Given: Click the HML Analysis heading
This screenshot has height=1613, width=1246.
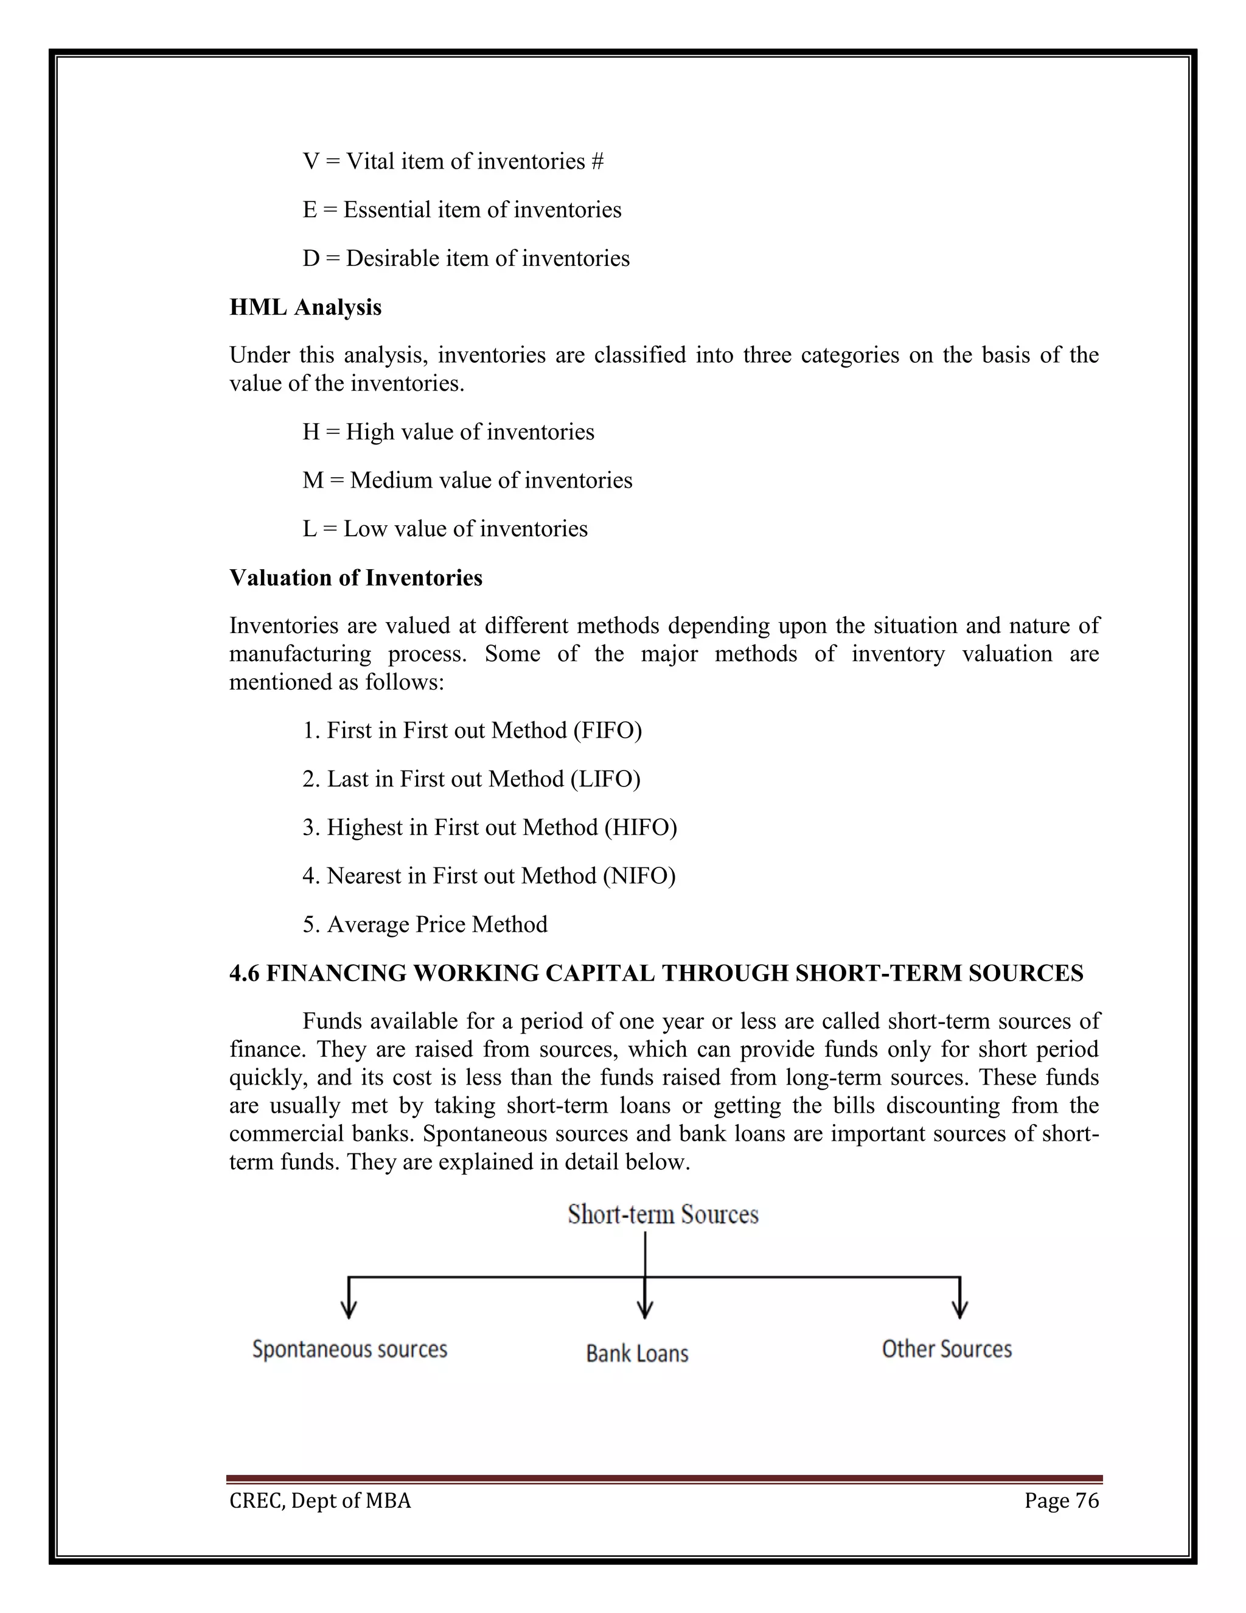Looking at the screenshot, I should tap(305, 307).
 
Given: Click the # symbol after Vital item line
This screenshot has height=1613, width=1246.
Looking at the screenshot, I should tap(597, 162).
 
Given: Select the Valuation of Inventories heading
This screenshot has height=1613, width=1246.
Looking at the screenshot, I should tap(355, 578).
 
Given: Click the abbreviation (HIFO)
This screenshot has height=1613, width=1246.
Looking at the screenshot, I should tap(640, 827).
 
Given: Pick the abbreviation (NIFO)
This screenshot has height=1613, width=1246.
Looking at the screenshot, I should tap(638, 876).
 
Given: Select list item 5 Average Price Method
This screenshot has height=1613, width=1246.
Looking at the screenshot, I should tap(425, 925).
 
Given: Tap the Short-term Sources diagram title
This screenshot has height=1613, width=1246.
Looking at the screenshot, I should tap(663, 1215).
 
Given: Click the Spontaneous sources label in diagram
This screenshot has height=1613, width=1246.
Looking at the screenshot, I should tap(350, 1349).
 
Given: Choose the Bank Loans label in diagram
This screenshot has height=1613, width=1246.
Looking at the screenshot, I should tap(637, 1354).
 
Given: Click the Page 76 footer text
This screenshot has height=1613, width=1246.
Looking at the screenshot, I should tap(1062, 1501).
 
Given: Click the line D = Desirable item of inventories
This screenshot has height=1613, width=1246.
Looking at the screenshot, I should tap(466, 259).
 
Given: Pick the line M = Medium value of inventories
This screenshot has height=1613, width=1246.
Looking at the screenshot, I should tap(467, 481).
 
